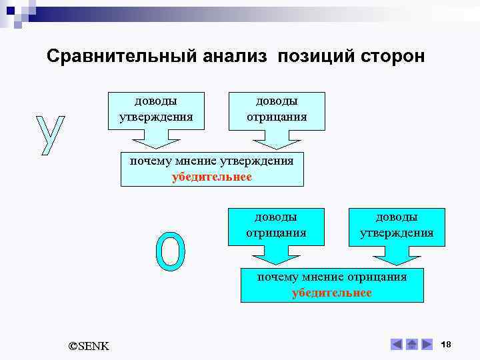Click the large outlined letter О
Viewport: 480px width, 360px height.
click(170, 252)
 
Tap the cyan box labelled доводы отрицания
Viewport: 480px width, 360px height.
click(276, 225)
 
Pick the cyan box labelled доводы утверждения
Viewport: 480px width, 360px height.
click(397, 225)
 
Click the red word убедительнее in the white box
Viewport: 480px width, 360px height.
click(211, 177)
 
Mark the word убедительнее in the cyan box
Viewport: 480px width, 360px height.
click(331, 293)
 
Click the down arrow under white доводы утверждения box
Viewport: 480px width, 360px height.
click(156, 139)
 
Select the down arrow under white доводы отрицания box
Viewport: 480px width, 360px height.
click(277, 139)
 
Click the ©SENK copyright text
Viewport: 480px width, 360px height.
click(89, 345)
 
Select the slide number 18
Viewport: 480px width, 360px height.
click(447, 344)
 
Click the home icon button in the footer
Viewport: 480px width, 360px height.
click(411, 345)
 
